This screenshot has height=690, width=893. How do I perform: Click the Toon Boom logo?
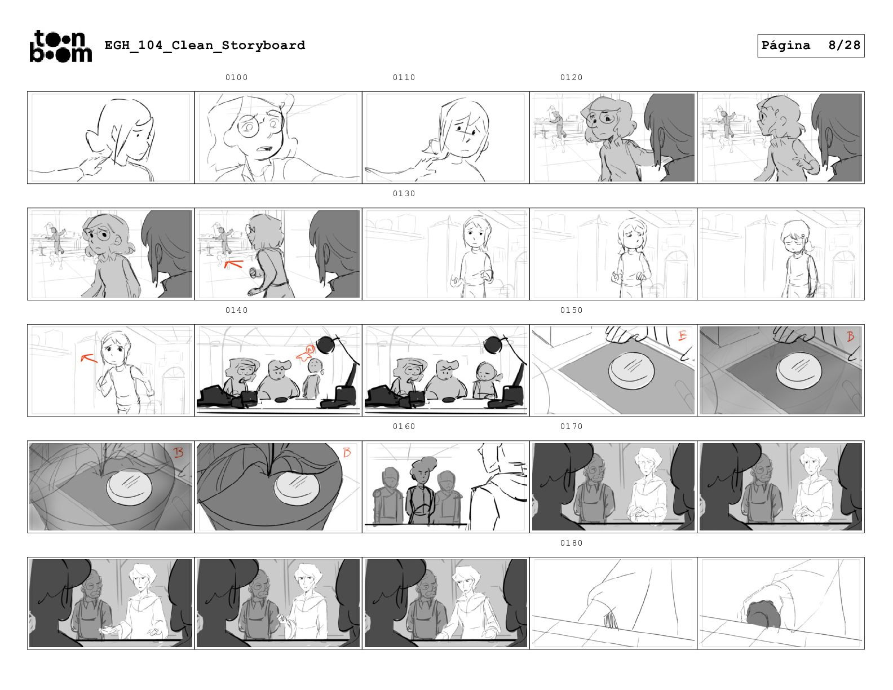click(x=61, y=46)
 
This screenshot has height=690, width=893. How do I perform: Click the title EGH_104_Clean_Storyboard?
click(x=205, y=45)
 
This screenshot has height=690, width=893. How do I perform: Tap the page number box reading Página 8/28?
click(x=810, y=46)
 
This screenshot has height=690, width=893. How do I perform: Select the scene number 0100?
click(x=237, y=77)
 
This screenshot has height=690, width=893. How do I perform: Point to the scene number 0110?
click(x=404, y=77)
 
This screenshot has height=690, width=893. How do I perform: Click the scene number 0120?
click(x=571, y=77)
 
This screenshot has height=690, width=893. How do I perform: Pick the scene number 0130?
click(x=404, y=193)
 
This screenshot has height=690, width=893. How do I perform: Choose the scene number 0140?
click(x=237, y=310)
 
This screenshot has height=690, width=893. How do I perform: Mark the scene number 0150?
click(x=571, y=310)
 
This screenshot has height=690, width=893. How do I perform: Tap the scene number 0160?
click(x=404, y=427)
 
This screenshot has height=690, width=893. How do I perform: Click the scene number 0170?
click(x=571, y=427)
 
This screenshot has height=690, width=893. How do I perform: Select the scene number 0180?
click(x=571, y=543)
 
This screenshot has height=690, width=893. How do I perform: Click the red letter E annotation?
click(x=682, y=336)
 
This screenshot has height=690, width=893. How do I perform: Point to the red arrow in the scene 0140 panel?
click(x=305, y=354)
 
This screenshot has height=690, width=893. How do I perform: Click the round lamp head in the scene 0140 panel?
click(x=327, y=345)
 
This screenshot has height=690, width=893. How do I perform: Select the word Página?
click(x=786, y=46)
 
